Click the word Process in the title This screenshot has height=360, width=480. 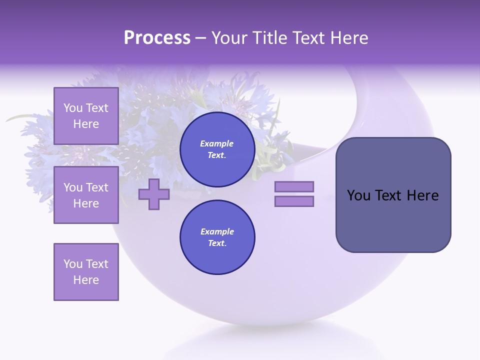(157, 38)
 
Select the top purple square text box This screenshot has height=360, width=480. (86, 116)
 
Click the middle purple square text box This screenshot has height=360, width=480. (86, 195)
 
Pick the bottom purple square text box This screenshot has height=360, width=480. (86, 271)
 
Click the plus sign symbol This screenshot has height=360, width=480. (154, 194)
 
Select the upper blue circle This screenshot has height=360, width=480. (217, 149)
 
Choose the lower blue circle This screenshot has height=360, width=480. (217, 237)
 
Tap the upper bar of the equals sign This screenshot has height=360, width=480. (294, 186)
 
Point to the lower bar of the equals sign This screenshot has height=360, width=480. (294, 201)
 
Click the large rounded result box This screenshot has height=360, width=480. (393, 195)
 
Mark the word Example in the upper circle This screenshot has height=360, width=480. (217, 144)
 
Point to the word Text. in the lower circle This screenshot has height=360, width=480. (217, 243)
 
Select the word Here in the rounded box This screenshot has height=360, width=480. (422, 195)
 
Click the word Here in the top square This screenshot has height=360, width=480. (86, 124)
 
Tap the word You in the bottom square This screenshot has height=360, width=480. (73, 264)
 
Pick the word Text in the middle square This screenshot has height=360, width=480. (97, 187)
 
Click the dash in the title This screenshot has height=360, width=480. (201, 38)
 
